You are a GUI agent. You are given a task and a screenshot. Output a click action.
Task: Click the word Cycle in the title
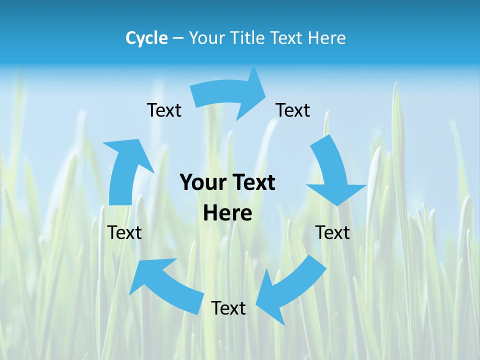(x=146, y=38)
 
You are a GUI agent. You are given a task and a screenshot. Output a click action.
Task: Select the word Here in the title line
(x=326, y=38)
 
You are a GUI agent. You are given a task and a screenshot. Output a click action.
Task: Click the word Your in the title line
(x=206, y=38)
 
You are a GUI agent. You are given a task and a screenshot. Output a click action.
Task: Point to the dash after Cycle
(x=178, y=38)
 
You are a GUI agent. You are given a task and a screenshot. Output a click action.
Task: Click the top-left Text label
(x=164, y=110)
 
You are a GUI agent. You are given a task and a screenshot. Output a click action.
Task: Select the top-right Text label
(x=293, y=110)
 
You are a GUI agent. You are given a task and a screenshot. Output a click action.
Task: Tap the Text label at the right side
(x=332, y=232)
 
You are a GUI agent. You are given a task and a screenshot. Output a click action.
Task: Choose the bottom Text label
(x=228, y=308)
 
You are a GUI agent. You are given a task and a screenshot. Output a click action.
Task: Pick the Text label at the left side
(x=124, y=232)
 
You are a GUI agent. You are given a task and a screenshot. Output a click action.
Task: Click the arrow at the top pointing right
(x=225, y=95)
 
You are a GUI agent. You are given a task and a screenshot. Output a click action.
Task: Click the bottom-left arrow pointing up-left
(x=165, y=285)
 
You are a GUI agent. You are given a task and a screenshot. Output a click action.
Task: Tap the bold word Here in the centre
(x=227, y=213)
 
